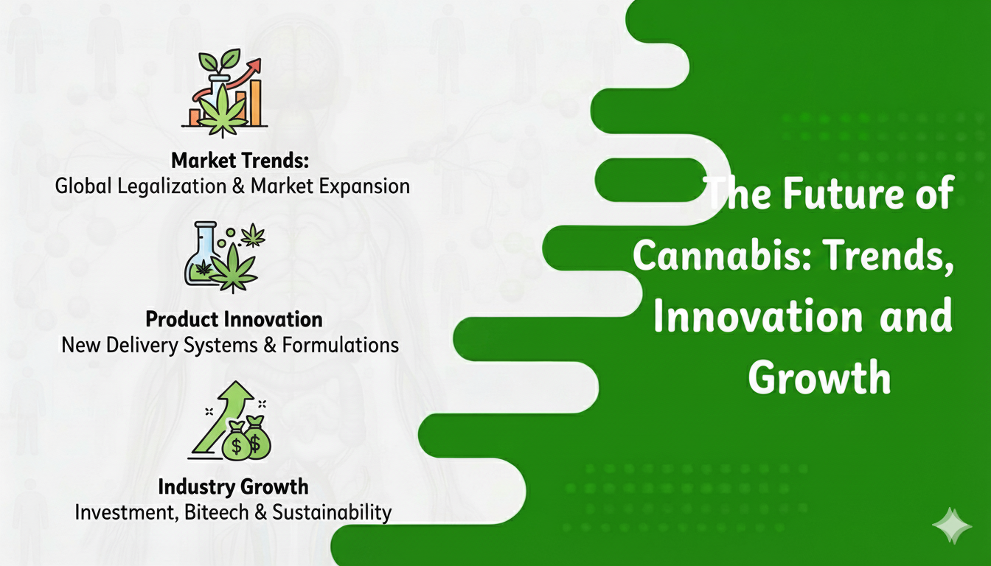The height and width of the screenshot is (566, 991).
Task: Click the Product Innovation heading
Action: (234, 320)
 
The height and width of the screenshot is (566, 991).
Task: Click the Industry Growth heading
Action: (233, 487)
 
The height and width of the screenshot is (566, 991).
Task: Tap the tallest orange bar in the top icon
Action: (255, 103)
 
